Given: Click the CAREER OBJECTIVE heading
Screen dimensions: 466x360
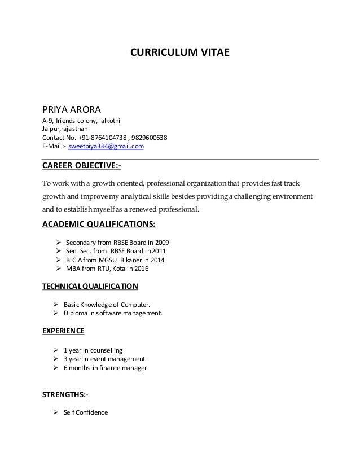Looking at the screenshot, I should point(82,167).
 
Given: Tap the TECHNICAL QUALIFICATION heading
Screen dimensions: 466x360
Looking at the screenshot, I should point(90,286).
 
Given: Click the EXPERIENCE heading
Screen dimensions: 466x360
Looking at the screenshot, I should point(64,330).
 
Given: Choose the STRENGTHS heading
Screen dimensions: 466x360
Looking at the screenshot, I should point(65,394).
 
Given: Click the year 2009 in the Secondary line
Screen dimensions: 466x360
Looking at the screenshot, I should point(169,242).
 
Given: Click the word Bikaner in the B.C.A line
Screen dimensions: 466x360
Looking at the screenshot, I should point(131,260).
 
